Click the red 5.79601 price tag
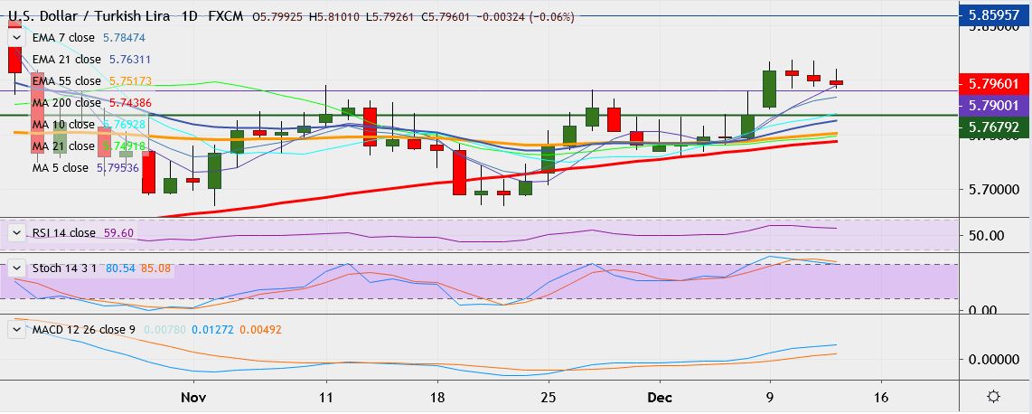[x=994, y=84]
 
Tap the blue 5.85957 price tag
[x=994, y=15]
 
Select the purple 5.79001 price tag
[x=994, y=105]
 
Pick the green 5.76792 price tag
[x=994, y=127]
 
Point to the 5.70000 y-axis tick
[x=994, y=190]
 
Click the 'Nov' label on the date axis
[x=193, y=396]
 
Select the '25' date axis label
[x=547, y=396]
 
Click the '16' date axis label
[x=882, y=396]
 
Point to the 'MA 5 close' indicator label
[x=61, y=167]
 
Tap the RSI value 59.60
[x=119, y=232]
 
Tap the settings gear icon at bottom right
[x=993, y=397]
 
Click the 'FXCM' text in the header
[x=225, y=16]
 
